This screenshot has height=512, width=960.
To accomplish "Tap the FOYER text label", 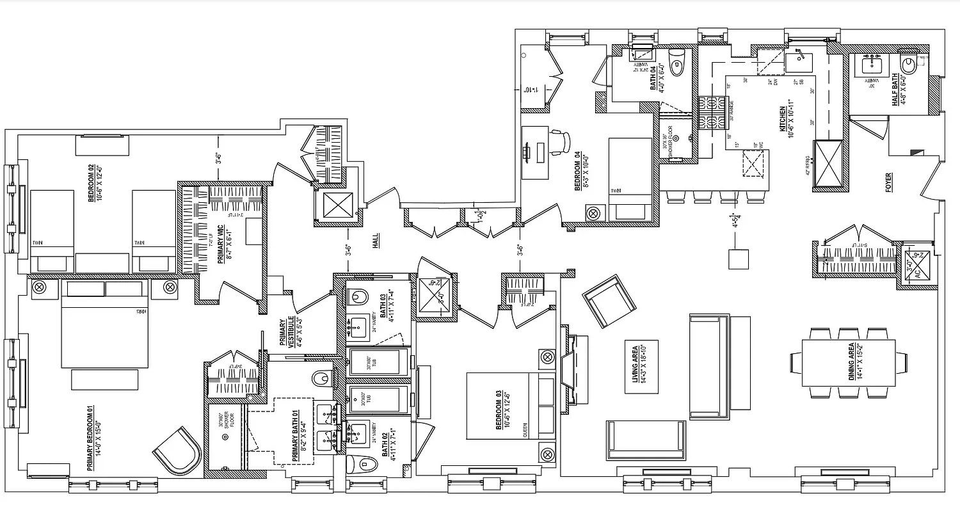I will point(888,182).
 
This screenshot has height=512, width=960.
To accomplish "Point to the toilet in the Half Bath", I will point(908,65).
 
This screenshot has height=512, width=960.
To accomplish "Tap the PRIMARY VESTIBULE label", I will point(286,332).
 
